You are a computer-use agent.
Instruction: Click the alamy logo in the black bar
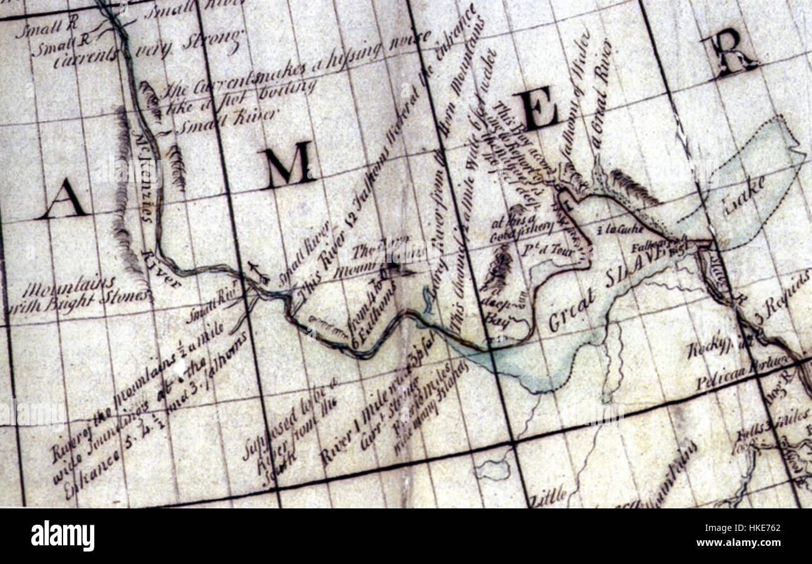[62, 536]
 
